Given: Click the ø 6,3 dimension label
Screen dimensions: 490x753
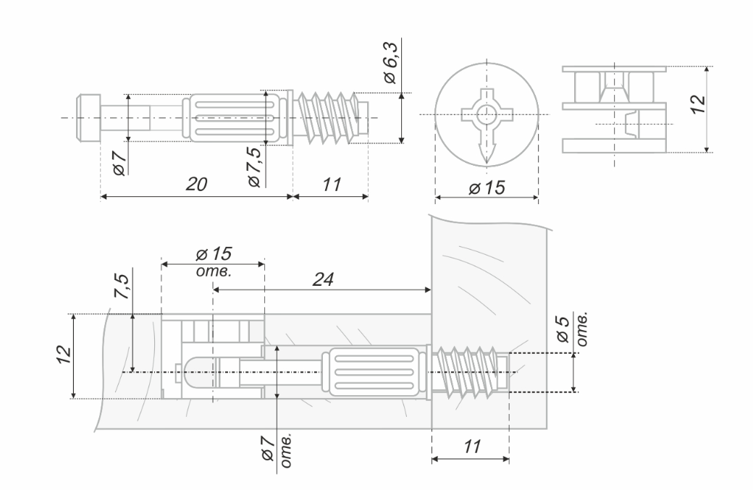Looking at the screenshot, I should [390, 68].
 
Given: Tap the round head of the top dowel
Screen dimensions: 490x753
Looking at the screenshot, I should [88, 117].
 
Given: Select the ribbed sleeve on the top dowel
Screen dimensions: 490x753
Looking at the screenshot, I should [232, 118].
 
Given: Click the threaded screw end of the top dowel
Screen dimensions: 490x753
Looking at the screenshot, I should [329, 117].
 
